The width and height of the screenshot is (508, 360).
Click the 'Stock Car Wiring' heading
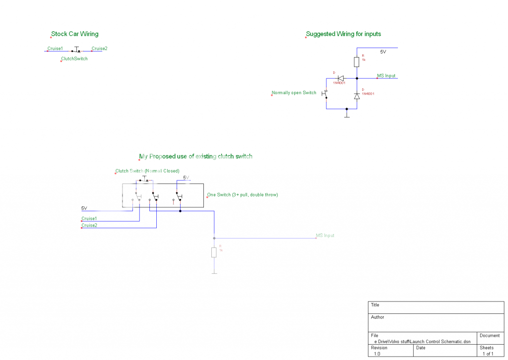pos(75,34)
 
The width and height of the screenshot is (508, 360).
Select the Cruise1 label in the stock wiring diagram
pos(55,49)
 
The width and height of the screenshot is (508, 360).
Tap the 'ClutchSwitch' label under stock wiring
pos(74,59)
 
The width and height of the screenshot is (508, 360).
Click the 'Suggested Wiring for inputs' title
pos(343,34)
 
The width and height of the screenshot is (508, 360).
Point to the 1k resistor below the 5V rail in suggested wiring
pos(357,62)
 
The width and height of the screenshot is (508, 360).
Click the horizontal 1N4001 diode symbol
pos(341,78)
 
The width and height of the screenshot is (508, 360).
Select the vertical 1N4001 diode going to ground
pos(357,96)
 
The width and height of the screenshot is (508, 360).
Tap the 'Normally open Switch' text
pos(294,93)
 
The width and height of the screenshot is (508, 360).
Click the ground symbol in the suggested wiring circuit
pos(347,115)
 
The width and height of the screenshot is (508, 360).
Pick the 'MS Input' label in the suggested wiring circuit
pos(386,76)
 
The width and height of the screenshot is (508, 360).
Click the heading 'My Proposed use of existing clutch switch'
pos(196,156)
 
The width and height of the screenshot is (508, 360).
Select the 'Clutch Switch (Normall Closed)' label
pos(147,171)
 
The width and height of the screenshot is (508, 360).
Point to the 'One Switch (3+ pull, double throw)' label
pos(243,195)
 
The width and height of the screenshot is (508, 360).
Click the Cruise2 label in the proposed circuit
pos(89,225)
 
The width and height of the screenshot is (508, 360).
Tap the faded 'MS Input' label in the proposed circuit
pos(325,236)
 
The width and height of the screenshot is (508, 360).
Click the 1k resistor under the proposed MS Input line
pos(214,252)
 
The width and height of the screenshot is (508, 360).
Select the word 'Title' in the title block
pos(375,305)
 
